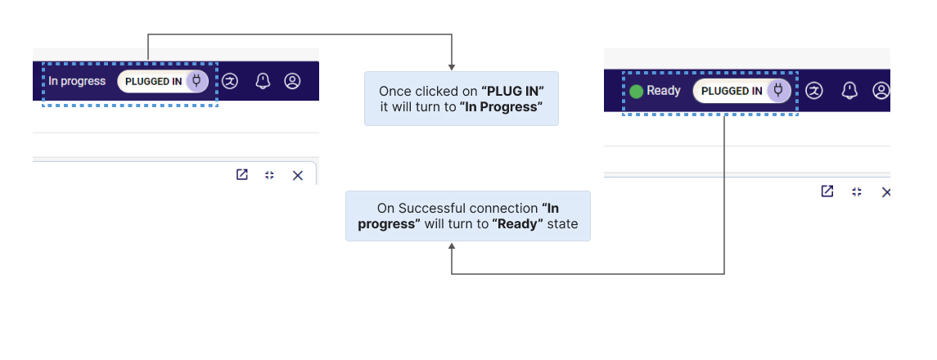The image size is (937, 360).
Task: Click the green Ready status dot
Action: [637, 92]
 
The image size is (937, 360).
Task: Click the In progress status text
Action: [77, 81]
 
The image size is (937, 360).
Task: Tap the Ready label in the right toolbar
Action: [664, 91]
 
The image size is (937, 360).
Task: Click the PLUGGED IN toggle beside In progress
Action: [163, 81]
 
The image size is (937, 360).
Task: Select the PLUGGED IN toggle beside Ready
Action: [741, 91]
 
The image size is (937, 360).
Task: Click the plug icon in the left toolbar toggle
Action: [196, 81]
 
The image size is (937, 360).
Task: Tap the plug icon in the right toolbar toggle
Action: [778, 90]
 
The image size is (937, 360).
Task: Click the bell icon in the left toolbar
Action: [263, 81]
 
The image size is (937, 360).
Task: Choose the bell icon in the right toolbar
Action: [849, 91]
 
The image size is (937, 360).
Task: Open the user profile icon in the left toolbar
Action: [292, 81]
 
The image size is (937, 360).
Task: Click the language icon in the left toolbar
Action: [230, 81]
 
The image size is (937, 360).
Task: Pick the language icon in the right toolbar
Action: [814, 91]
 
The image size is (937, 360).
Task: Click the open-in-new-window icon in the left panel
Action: [242, 174]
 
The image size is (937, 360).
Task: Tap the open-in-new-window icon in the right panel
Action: [827, 191]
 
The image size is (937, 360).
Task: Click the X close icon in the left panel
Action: [298, 175]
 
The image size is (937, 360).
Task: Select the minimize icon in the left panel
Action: [269, 175]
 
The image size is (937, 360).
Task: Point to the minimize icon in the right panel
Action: [857, 191]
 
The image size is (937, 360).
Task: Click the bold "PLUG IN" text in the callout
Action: [513, 92]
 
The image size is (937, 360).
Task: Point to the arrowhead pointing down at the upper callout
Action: [452, 66]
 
